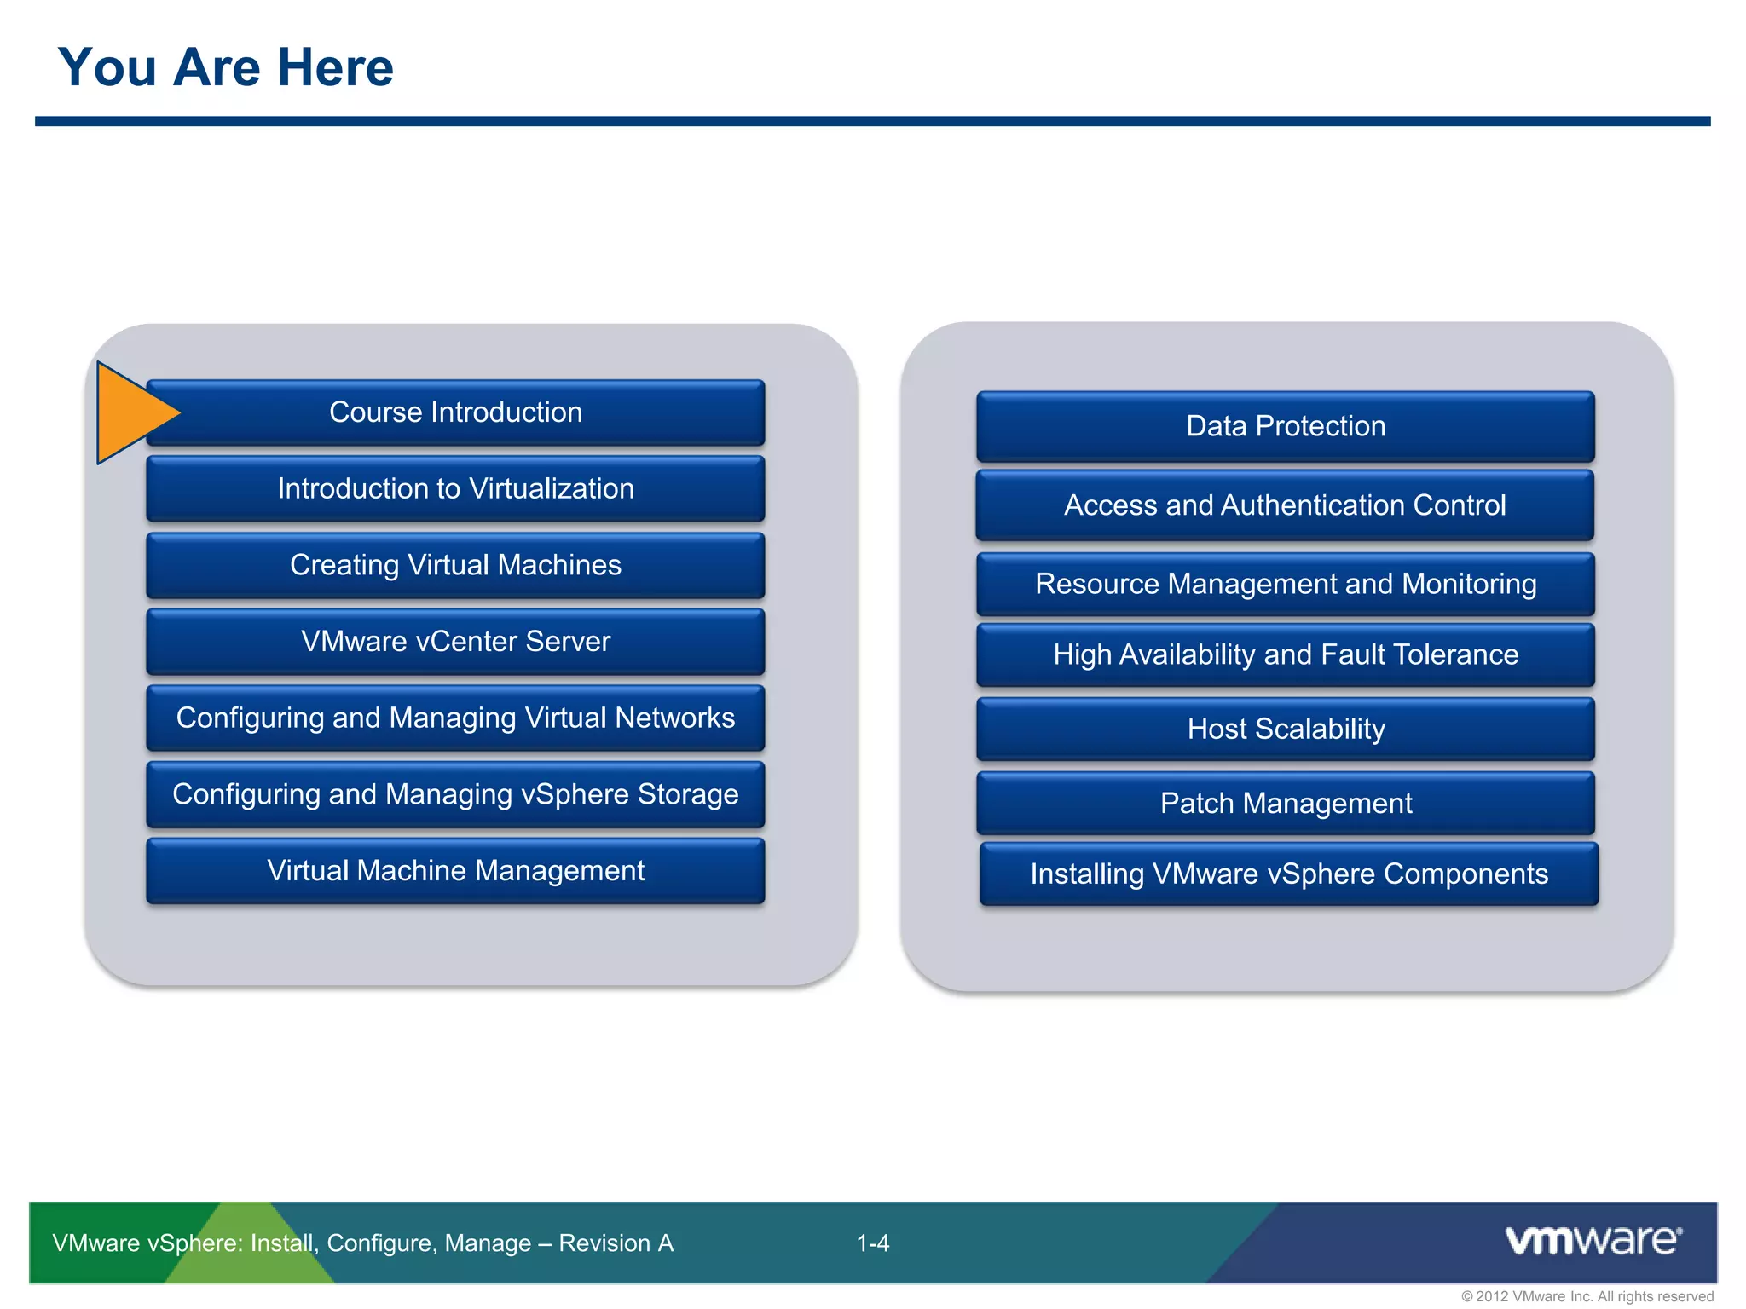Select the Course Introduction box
[x=456, y=412]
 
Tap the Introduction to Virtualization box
[x=456, y=488]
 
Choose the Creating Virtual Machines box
[x=456, y=565]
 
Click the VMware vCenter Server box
[x=456, y=641]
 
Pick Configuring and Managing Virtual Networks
[x=456, y=718]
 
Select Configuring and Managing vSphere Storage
[x=456, y=794]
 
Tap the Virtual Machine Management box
[x=456, y=870]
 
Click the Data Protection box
[x=1286, y=426]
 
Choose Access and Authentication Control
[x=1286, y=505]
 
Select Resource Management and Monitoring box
[x=1286, y=584]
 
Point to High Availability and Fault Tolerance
[x=1286, y=654]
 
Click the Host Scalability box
[x=1286, y=729]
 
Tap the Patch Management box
[x=1286, y=803]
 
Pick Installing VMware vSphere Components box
[x=1289, y=874]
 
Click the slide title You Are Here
[x=226, y=67]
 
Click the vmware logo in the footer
[x=1593, y=1240]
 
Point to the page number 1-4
[x=873, y=1243]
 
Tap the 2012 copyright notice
[x=1587, y=1296]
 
